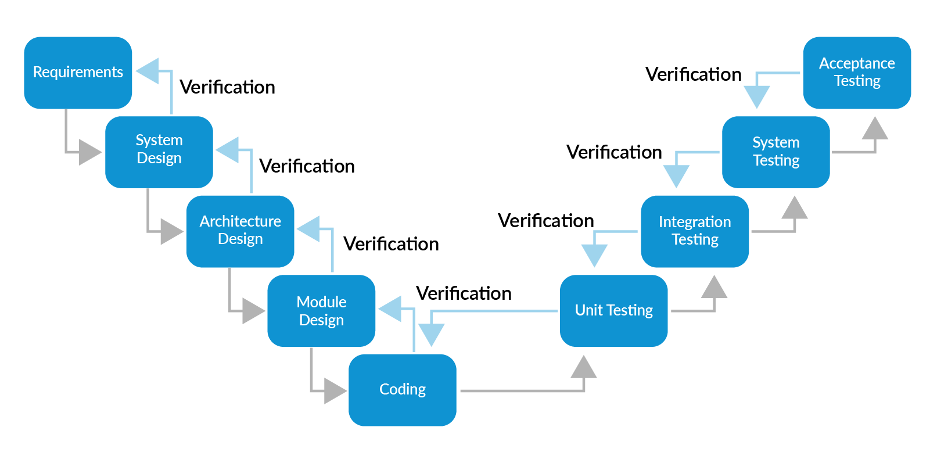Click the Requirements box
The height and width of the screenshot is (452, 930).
[x=78, y=73]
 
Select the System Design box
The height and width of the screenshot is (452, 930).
[x=159, y=152]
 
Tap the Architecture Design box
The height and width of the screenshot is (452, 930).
[x=240, y=231]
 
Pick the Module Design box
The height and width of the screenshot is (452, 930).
[x=321, y=310]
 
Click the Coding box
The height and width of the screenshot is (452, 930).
[x=402, y=389]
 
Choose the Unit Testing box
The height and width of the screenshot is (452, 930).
[x=613, y=310]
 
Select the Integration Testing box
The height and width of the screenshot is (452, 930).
[x=695, y=231]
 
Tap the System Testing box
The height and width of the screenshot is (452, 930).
[x=775, y=152]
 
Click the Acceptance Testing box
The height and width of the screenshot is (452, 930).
[x=857, y=73]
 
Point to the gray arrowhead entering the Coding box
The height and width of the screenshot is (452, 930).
[x=334, y=390]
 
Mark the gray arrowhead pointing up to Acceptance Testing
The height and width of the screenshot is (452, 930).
[x=875, y=129]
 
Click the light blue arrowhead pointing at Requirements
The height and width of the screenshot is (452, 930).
[x=149, y=71]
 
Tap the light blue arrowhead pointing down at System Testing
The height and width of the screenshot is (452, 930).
[x=757, y=96]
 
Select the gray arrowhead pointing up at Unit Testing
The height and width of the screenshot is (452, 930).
[x=584, y=368]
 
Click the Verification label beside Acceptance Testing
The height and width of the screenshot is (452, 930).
[x=693, y=74]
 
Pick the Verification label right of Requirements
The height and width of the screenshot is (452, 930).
[x=227, y=87]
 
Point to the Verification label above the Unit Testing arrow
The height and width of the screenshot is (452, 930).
[x=464, y=293]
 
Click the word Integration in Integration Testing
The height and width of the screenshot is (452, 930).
[x=695, y=222]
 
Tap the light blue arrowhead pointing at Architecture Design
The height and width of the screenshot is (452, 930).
[x=310, y=229]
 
